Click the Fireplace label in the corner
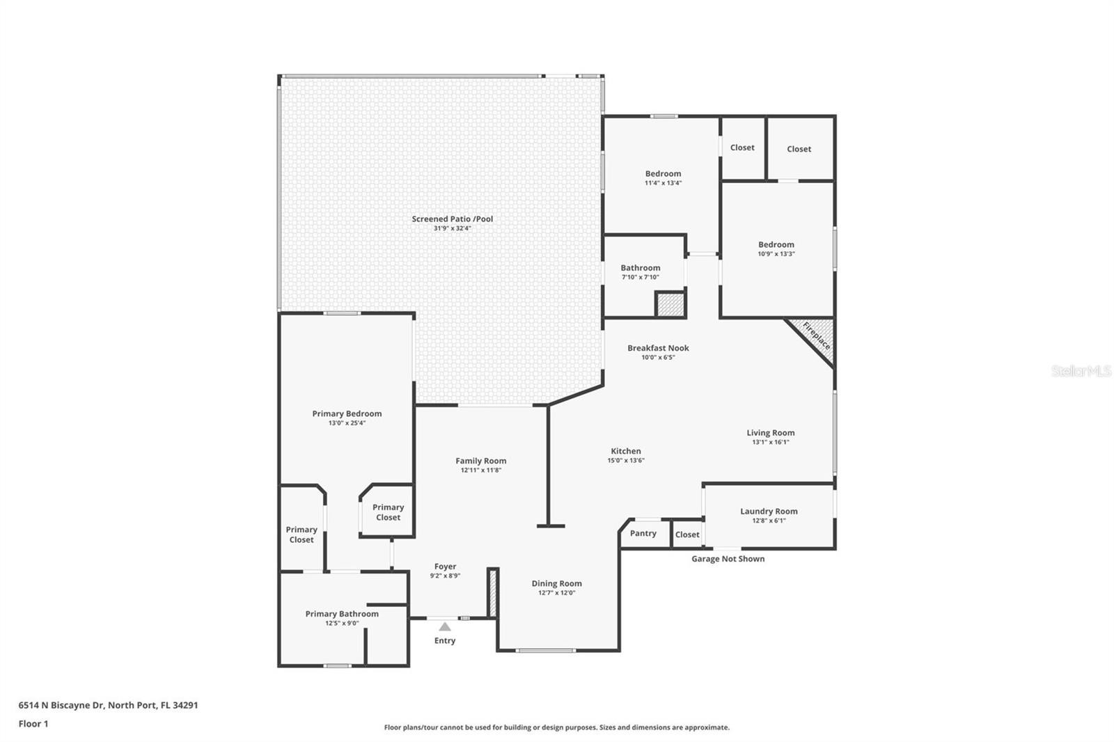click(x=816, y=336)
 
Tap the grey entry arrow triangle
click(x=445, y=626)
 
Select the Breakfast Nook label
click(x=658, y=348)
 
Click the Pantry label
click(x=643, y=533)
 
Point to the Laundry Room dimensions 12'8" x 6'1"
click(x=769, y=521)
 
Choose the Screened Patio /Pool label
click(x=452, y=219)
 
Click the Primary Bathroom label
click(x=342, y=614)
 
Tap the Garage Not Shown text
click(x=728, y=559)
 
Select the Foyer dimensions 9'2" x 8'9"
click(x=445, y=576)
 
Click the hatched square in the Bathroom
click(x=670, y=305)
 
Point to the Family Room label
click(x=481, y=461)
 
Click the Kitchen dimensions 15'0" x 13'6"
click(x=626, y=461)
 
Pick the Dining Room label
click(x=556, y=584)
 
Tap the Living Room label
click(x=770, y=433)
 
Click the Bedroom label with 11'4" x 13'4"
click(x=663, y=174)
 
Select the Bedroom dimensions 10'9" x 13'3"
click(x=776, y=253)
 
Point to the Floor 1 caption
click(x=33, y=724)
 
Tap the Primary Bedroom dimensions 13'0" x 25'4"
click(x=347, y=423)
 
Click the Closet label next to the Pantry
click(x=687, y=535)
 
